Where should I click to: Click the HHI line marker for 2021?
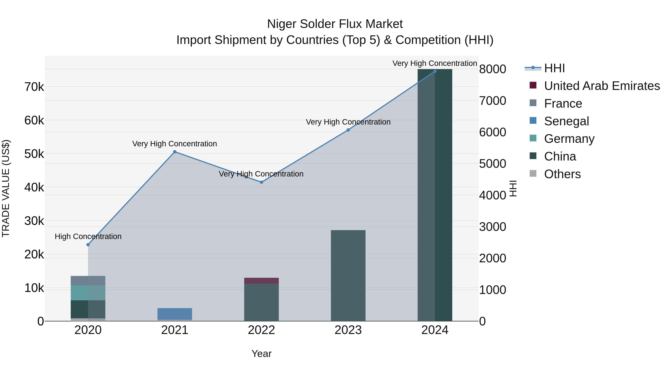coord(175,152)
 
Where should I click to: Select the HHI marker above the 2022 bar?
coord(261,182)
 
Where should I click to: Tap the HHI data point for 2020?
coord(88,245)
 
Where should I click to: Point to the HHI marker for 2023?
coord(348,130)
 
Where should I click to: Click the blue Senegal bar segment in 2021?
coord(175,314)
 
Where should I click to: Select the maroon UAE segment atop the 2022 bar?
coord(261,281)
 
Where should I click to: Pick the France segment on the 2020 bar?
coord(88,281)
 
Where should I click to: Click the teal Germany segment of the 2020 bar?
coord(88,293)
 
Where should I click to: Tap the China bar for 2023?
coord(348,276)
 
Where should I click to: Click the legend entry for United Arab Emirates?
coord(602,86)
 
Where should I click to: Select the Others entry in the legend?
coord(562,174)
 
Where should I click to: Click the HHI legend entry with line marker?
coord(554,68)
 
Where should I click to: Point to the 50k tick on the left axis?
coord(34,154)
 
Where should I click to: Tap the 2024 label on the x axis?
coord(435,330)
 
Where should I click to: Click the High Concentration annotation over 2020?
coord(88,236)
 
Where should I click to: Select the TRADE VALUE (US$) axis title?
coord(6,188)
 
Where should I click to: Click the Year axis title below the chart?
coord(261,354)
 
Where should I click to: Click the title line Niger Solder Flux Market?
coord(335,24)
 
